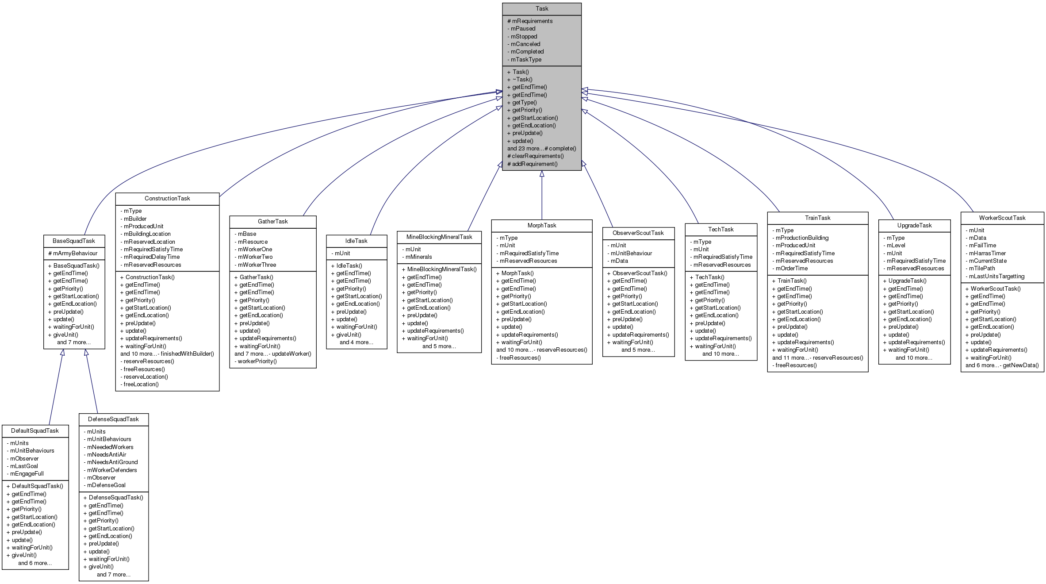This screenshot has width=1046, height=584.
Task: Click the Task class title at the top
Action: [x=542, y=9]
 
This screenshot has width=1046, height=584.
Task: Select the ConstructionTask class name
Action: [x=167, y=199]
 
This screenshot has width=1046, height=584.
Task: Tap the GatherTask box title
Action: [x=272, y=222]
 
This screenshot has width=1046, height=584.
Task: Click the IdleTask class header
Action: [x=356, y=241]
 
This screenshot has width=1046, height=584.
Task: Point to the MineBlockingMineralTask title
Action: [x=439, y=237]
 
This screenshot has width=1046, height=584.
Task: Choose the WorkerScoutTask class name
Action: [x=1002, y=218]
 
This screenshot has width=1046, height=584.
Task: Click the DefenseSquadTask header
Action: [x=113, y=419]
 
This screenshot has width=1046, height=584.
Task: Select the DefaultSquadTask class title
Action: [x=35, y=431]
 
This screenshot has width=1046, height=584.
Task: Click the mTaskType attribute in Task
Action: [x=526, y=60]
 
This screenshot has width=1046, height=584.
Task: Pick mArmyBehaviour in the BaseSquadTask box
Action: [x=75, y=254]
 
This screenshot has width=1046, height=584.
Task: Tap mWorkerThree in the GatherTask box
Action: [x=257, y=265]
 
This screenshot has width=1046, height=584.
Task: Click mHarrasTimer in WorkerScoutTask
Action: [x=987, y=254]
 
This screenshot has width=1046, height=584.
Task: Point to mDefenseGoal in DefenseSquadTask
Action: [x=106, y=485]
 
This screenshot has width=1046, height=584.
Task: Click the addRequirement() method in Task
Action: [x=535, y=164]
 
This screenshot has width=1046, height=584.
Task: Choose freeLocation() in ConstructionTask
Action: [x=141, y=384]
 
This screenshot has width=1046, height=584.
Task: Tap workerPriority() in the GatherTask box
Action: [x=257, y=361]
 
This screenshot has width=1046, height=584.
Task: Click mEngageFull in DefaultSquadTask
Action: [x=27, y=474]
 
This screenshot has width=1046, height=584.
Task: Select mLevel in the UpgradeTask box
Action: [x=896, y=246]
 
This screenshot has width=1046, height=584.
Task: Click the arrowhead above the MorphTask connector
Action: [x=542, y=174]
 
